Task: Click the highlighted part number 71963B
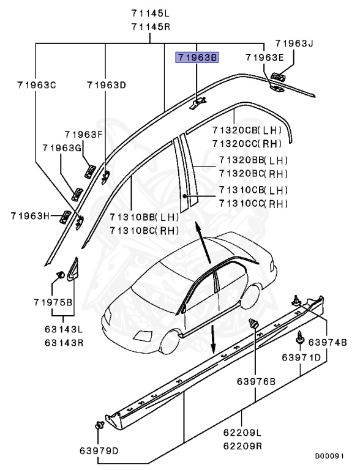[x=197, y=58]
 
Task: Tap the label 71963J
[x=293, y=44]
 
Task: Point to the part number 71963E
[x=264, y=58]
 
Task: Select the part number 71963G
[x=62, y=148]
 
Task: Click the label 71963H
[x=29, y=215]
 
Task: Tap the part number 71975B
[x=53, y=302]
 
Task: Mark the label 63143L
[x=63, y=329]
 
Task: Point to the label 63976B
[x=256, y=382]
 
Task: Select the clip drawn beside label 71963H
[x=64, y=215]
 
